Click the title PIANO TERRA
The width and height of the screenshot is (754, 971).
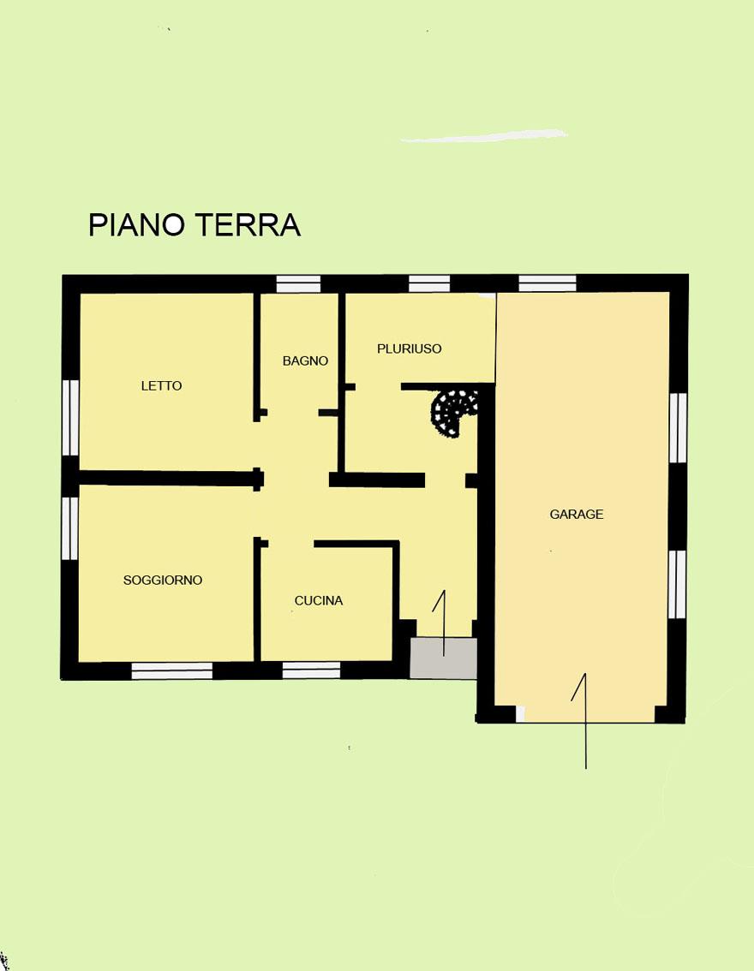tap(194, 225)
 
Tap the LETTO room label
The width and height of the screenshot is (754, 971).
tap(162, 386)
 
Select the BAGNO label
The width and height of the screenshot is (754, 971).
tap(305, 361)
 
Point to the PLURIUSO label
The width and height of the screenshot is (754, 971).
tap(410, 348)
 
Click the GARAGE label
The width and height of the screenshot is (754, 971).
tap(577, 514)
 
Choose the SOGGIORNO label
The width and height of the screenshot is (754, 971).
tap(163, 581)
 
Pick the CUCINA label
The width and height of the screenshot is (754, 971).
tap(319, 601)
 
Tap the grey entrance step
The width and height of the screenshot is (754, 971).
tap(444, 658)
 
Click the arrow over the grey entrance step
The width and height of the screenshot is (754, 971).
tap(443, 623)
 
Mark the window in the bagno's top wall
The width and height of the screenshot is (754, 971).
tap(298, 284)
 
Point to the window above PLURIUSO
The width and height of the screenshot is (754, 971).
tap(429, 284)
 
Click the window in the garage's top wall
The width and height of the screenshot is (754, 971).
tap(547, 283)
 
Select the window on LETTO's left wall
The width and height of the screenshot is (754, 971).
tap(70, 418)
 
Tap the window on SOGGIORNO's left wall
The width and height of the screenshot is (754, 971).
tap(70, 528)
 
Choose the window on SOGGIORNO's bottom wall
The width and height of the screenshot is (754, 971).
tap(172, 670)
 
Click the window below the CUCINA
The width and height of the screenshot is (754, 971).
tap(312, 670)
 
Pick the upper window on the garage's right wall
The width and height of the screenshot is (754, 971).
tap(679, 428)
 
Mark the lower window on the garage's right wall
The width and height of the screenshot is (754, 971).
tap(678, 585)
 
